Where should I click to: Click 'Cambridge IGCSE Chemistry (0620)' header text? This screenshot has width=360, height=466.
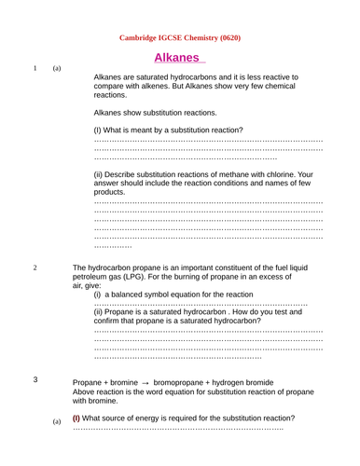(x=181, y=38)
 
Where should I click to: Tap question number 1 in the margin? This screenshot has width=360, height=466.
(x=35, y=69)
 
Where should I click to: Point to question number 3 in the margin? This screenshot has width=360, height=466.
(x=35, y=379)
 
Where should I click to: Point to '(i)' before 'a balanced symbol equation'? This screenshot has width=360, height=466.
(x=98, y=294)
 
